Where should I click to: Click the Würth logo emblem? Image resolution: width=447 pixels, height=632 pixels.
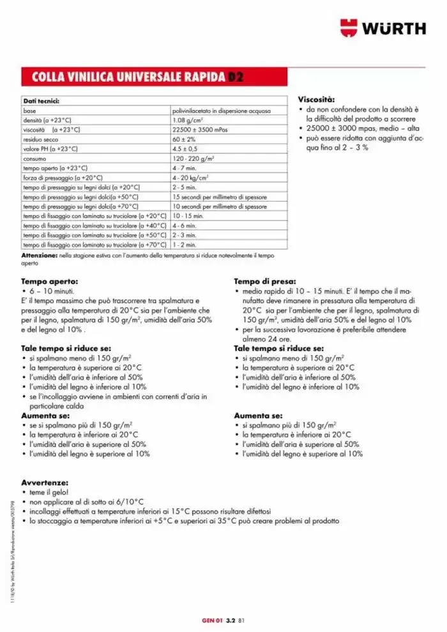click(349, 28)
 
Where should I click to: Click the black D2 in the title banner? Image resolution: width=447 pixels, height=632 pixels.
click(237, 78)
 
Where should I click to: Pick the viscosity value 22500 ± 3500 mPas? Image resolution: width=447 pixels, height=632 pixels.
click(200, 129)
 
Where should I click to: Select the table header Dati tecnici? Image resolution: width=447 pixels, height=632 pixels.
click(42, 101)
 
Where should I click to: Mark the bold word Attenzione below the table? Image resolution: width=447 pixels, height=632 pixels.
click(40, 255)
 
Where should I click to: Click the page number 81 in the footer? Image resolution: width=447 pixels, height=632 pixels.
click(241, 619)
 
